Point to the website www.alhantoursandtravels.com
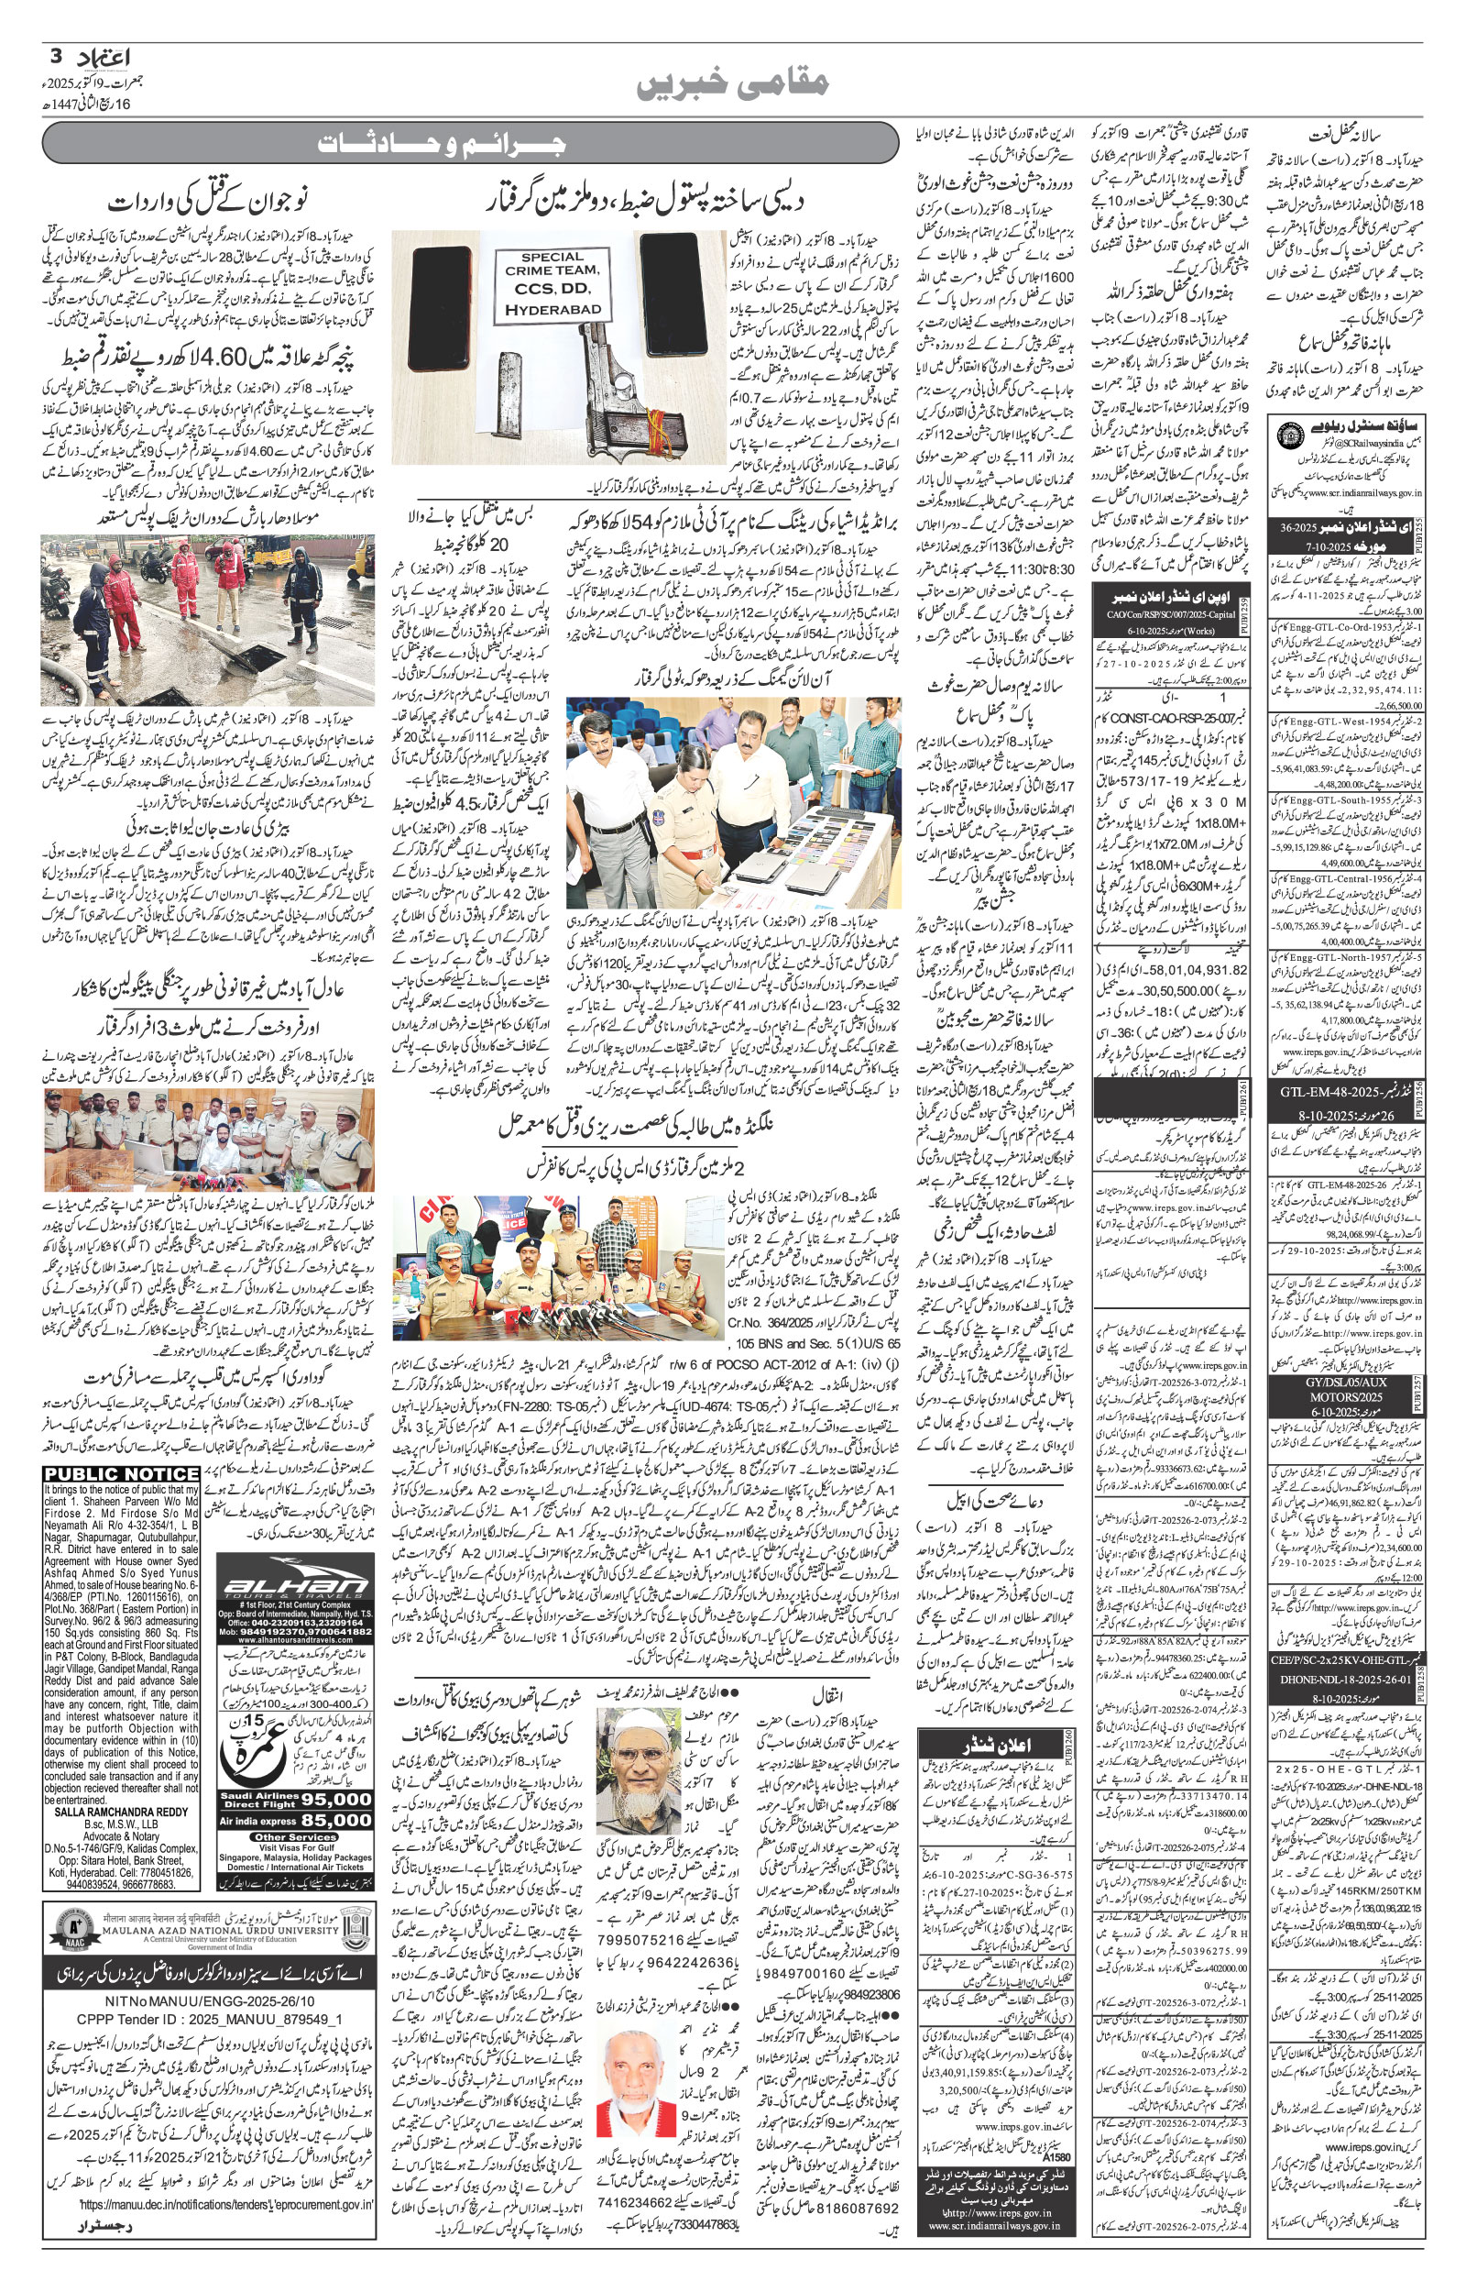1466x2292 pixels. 295,1653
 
